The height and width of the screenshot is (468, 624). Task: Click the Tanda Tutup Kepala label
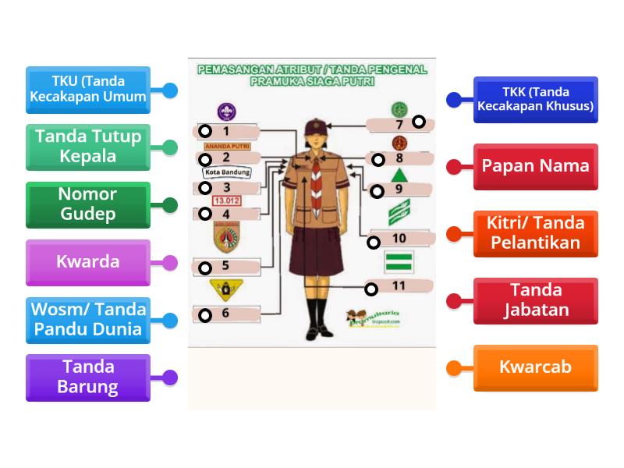tap(88, 147)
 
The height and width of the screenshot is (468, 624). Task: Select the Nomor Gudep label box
tap(88, 204)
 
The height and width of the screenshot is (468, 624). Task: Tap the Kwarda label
tap(88, 262)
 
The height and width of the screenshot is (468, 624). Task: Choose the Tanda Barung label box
tap(88, 378)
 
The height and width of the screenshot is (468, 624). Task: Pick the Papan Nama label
tap(535, 166)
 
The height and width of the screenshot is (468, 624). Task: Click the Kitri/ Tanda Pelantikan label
tap(535, 233)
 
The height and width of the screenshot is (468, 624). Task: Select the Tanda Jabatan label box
tap(535, 300)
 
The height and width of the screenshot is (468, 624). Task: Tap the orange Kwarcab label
tap(535, 367)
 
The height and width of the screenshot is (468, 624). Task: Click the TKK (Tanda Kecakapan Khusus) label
tap(535, 99)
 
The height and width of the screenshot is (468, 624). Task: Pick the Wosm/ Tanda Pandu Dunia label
tap(88, 320)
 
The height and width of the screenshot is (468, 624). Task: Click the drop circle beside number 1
tap(204, 131)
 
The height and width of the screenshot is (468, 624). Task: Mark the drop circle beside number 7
tap(419, 122)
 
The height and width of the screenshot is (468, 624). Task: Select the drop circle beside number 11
tap(372, 289)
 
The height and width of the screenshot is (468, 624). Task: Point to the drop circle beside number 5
tap(204, 268)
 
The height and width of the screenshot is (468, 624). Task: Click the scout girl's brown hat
tap(315, 124)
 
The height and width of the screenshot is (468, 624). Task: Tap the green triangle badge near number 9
tap(399, 174)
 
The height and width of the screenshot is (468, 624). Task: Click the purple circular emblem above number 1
tap(226, 112)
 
